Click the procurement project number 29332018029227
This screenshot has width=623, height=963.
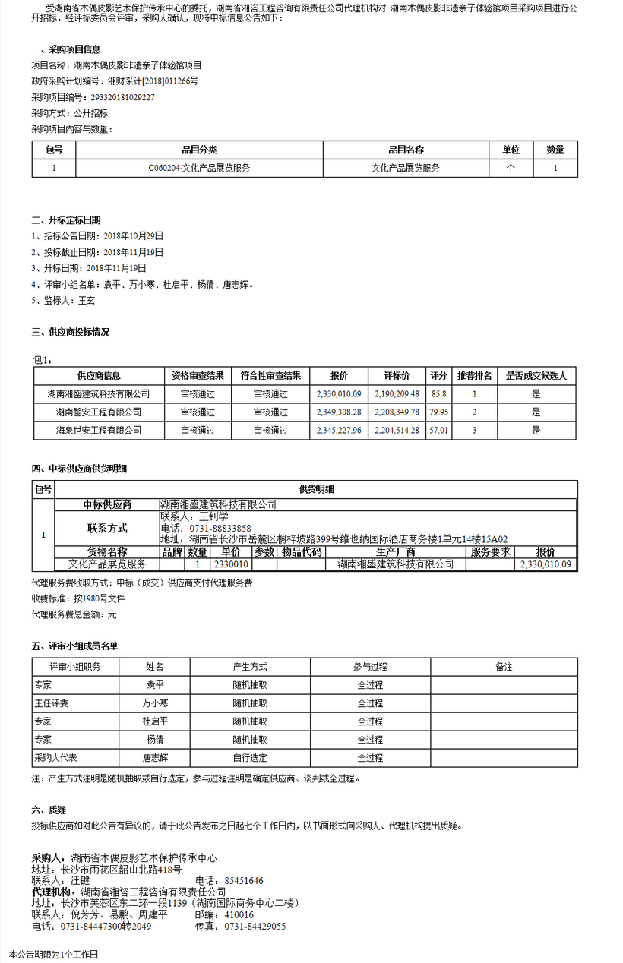point(122,98)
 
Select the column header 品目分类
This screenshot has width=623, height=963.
point(199,150)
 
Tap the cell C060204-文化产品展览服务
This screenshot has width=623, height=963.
point(199,169)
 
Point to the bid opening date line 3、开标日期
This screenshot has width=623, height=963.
point(89,268)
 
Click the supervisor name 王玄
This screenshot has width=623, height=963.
point(86,301)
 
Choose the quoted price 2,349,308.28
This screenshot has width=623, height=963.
point(339,412)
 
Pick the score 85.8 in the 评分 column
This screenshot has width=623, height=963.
point(438,394)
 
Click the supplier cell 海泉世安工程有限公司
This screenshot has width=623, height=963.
point(99,431)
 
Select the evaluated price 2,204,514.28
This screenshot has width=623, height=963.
point(397,431)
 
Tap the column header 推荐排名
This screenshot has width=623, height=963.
point(475,376)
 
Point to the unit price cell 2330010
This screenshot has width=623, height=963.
point(231,564)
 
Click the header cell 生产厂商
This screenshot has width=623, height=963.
point(395,552)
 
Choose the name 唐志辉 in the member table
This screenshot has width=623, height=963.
point(155,758)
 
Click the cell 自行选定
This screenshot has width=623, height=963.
point(250,758)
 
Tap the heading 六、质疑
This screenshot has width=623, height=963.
point(49,810)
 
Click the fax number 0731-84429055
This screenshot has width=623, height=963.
point(252,927)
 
